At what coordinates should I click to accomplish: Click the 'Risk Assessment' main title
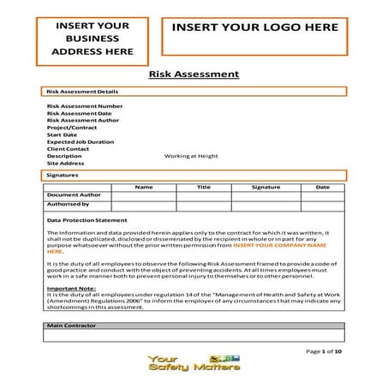[x=194, y=75]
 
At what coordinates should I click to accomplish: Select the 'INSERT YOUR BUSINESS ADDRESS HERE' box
[x=93, y=39]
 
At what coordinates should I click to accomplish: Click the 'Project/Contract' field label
[x=67, y=128]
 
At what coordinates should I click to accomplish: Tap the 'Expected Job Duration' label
[x=80, y=142]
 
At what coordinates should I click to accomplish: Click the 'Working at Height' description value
[x=191, y=157]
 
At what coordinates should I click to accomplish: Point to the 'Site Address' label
[x=65, y=164]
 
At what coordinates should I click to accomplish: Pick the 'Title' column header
[x=203, y=187]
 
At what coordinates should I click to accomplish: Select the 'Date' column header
[x=322, y=187]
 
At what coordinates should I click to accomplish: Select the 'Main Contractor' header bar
[x=194, y=326]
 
